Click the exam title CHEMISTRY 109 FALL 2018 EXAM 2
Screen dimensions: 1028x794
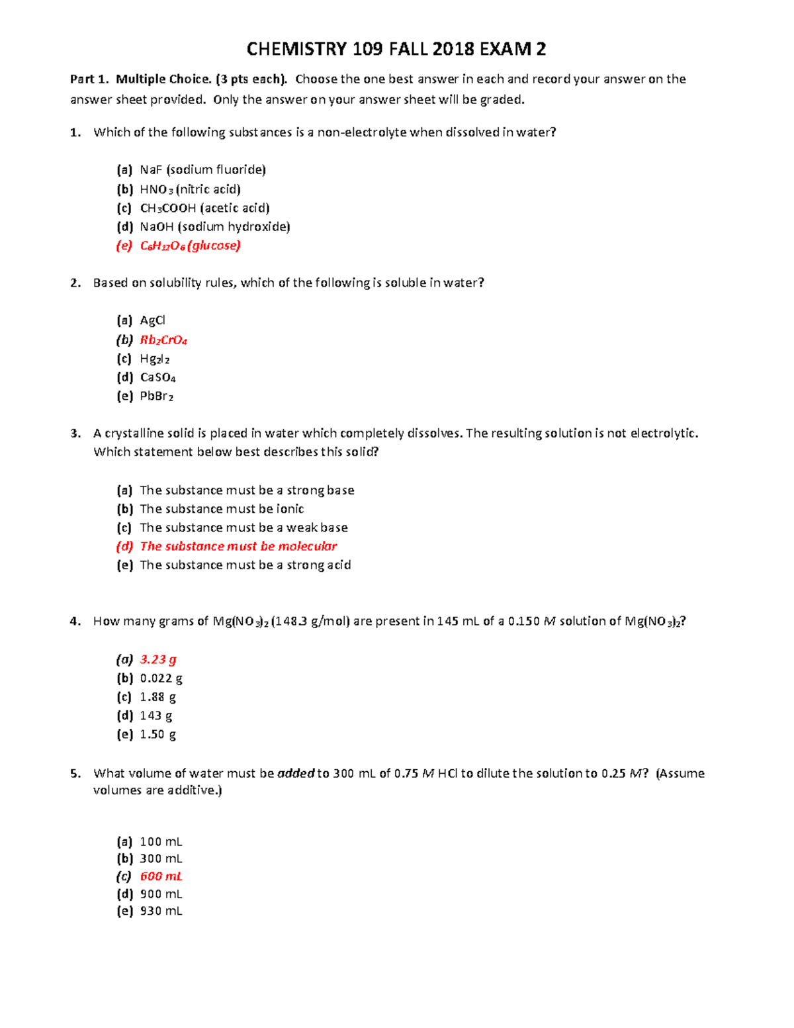(x=396, y=49)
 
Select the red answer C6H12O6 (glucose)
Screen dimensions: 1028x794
(x=190, y=246)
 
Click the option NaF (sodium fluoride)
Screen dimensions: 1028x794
(x=202, y=170)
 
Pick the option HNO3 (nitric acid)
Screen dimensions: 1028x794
(x=190, y=189)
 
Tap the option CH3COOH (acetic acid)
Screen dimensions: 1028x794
(x=204, y=208)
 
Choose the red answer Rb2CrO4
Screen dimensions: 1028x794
(x=163, y=340)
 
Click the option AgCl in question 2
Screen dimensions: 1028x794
(x=152, y=320)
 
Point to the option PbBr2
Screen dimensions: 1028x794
(x=156, y=397)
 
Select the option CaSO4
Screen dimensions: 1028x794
(x=157, y=377)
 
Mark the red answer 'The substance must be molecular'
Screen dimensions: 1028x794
(x=238, y=546)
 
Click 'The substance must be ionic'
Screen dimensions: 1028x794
(x=222, y=509)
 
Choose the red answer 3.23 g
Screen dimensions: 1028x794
(x=158, y=659)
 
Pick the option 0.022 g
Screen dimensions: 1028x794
(x=161, y=678)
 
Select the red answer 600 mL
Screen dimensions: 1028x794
(x=161, y=876)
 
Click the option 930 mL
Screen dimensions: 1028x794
(x=161, y=911)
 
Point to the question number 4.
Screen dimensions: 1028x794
(x=75, y=621)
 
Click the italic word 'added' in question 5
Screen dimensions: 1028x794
(x=295, y=773)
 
